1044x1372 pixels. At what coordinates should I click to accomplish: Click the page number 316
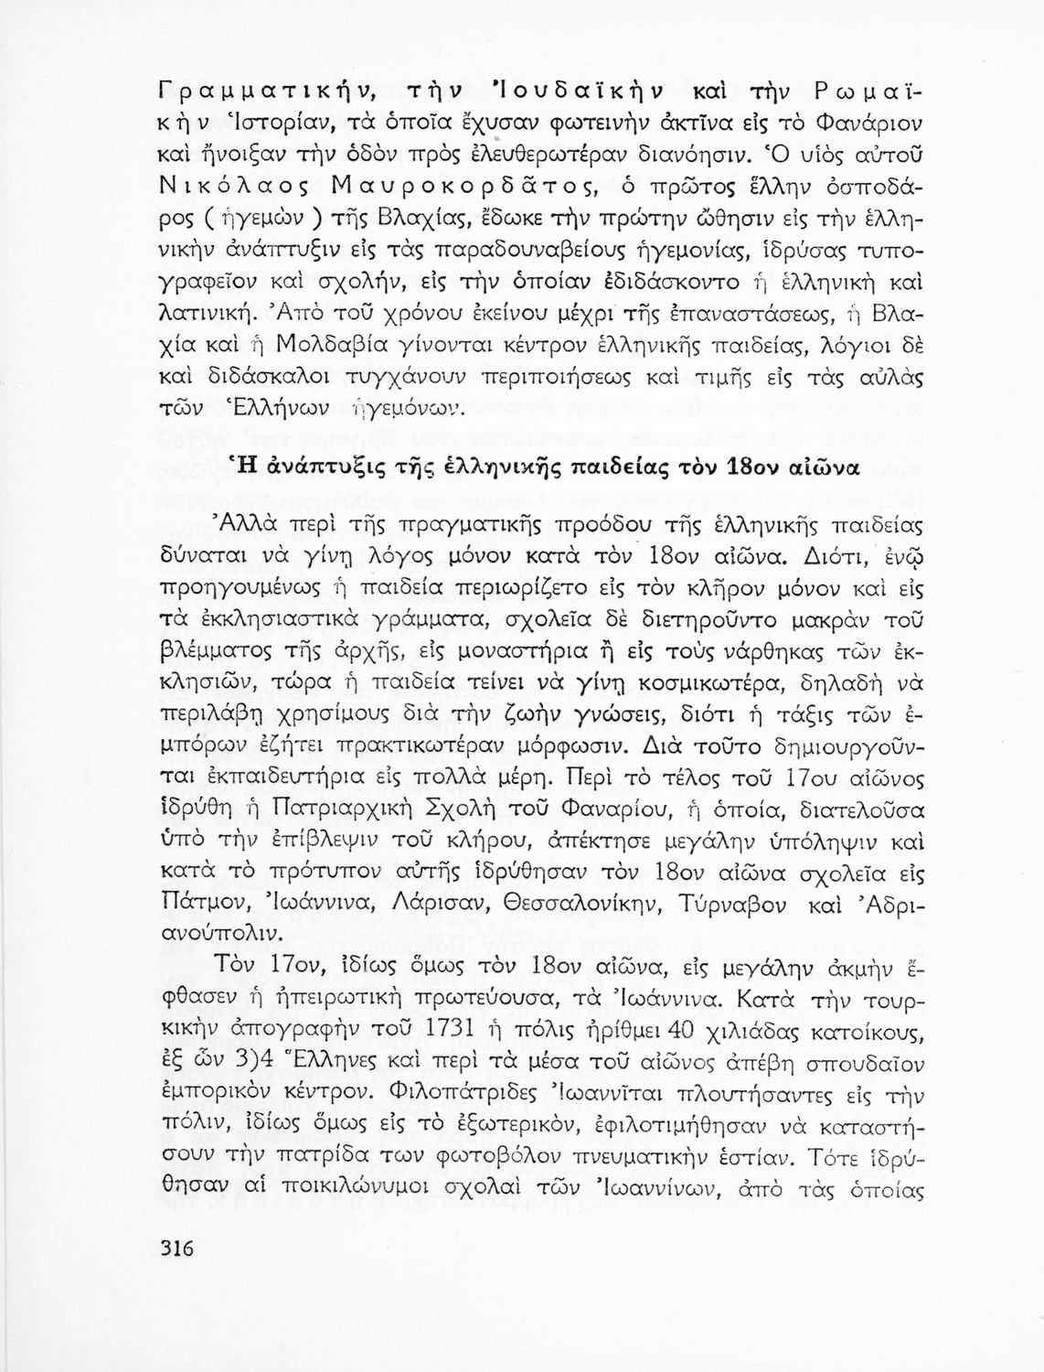[x=176, y=1249]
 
